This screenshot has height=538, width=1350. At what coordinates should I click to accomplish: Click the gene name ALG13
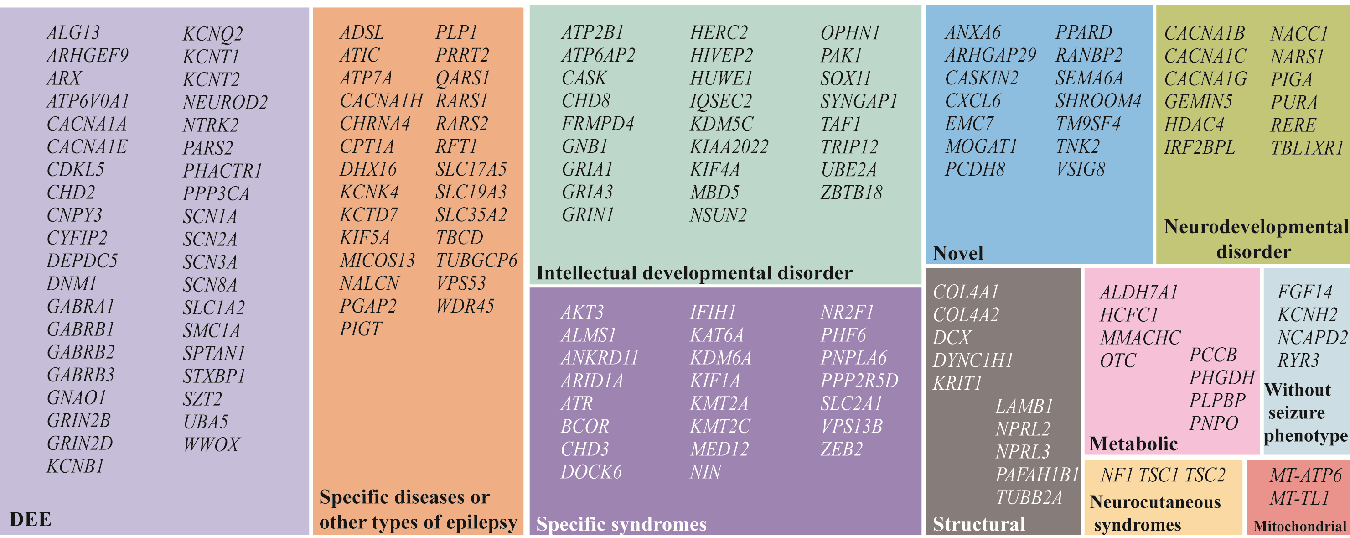tap(73, 32)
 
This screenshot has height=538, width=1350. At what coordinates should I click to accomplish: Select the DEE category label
tap(31, 519)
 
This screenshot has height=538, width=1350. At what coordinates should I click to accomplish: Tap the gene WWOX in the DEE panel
tap(211, 444)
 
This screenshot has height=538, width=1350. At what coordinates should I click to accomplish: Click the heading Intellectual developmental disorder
tap(694, 273)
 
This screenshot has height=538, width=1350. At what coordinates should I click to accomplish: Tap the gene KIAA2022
tap(729, 147)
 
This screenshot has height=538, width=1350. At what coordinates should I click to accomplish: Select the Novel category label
tap(957, 253)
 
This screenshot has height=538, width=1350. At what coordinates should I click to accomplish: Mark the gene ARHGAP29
tap(990, 55)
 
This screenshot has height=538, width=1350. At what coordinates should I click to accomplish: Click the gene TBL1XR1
tap(1307, 148)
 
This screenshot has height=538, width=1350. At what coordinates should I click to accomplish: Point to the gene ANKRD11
tap(600, 358)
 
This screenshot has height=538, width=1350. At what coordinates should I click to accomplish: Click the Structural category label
tap(978, 524)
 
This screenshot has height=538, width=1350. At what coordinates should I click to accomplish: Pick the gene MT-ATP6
tap(1305, 475)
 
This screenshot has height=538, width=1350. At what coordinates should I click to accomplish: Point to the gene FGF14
tap(1304, 292)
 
